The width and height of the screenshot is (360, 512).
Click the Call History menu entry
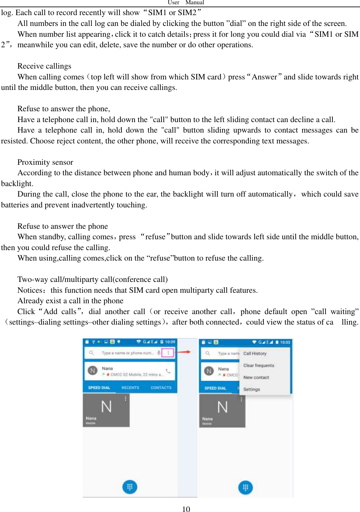(255, 353)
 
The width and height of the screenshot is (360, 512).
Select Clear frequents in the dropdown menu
(259, 365)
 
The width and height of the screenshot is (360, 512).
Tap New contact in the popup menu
(256, 377)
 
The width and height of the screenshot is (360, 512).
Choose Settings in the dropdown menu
(252, 389)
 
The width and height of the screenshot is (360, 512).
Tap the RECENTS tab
(130, 388)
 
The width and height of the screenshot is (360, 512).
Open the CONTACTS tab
(161, 388)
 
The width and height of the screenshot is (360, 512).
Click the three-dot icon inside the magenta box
(168, 353)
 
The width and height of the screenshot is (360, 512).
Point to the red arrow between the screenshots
(184, 352)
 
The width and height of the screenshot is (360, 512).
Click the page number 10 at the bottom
(186, 509)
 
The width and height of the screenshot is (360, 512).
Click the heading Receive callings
(44, 66)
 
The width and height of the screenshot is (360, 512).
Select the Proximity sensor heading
(45, 162)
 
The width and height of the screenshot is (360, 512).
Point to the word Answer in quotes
(265, 77)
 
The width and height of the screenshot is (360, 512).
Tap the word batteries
(15, 205)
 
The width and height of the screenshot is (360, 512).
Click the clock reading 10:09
(170, 342)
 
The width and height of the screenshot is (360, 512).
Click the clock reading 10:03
(285, 342)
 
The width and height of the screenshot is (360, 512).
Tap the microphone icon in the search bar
(159, 353)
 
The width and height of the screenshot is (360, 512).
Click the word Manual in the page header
(195, 3)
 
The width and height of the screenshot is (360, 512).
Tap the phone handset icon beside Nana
(168, 371)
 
